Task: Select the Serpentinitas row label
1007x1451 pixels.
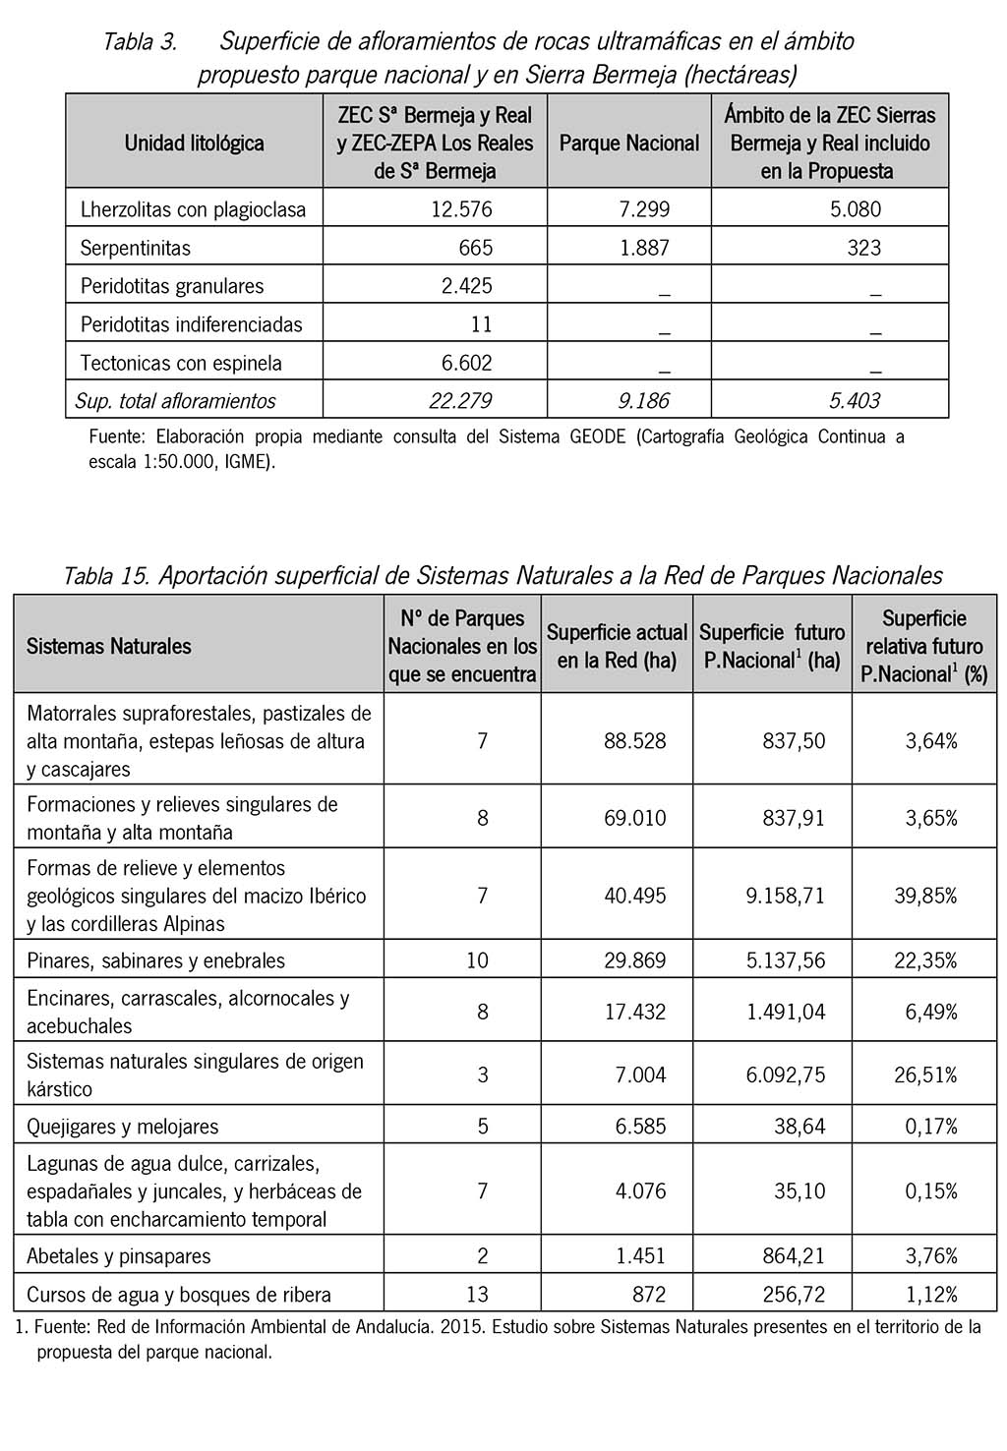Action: [x=136, y=248]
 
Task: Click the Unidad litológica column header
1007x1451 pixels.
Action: [x=194, y=143]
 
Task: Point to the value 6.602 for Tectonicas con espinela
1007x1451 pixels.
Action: [x=466, y=363]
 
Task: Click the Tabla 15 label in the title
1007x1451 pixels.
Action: [x=105, y=575]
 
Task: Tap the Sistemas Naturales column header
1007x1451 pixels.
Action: [x=109, y=647]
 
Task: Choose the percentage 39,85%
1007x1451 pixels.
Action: [x=925, y=896]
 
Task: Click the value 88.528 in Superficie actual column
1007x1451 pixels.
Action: [x=634, y=740]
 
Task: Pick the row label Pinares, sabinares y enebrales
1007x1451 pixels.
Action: [x=155, y=960]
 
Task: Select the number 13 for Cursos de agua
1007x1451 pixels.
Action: [x=477, y=1294]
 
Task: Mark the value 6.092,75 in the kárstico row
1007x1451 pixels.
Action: [x=786, y=1074]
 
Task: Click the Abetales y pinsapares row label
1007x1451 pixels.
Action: [x=119, y=1256]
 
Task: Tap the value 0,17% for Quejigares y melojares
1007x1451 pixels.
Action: [x=931, y=1127]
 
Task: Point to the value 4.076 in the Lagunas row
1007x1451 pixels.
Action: [x=640, y=1191]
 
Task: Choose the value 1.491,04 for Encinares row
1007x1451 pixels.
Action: [x=786, y=1012]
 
